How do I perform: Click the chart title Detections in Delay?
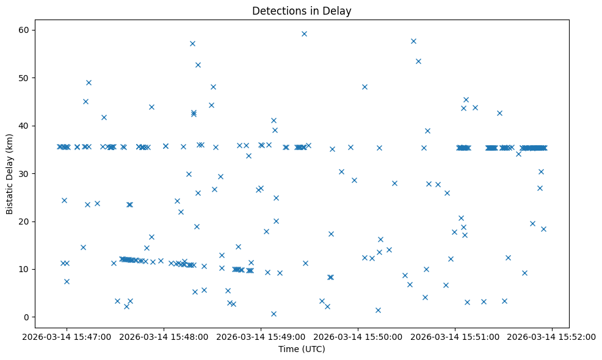click(302, 11)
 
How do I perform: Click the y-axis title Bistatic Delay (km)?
click(10, 173)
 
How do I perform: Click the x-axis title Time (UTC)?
click(302, 349)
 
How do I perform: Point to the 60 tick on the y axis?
click(35, 30)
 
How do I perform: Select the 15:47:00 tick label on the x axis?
click(67, 336)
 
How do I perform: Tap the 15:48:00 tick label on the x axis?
click(164, 336)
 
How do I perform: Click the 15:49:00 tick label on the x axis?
click(261, 336)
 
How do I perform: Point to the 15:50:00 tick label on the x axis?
click(358, 336)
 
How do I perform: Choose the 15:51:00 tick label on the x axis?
click(455, 336)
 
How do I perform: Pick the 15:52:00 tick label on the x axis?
click(553, 336)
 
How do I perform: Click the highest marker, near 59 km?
click(304, 34)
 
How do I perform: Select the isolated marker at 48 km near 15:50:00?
click(364, 87)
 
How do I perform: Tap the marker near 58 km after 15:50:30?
click(413, 41)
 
